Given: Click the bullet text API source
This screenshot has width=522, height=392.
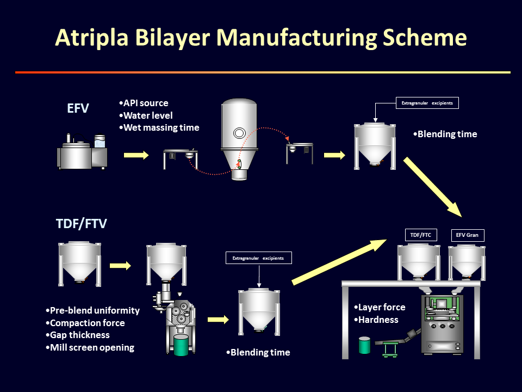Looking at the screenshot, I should [x=144, y=103].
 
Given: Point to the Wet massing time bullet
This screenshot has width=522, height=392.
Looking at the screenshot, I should [x=159, y=128].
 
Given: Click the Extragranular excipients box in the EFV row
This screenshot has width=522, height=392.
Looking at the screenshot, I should [x=427, y=103].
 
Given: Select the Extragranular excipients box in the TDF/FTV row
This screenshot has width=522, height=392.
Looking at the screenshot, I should [x=259, y=258].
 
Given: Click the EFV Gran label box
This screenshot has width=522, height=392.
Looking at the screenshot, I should [x=468, y=235].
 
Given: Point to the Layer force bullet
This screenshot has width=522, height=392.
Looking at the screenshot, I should [x=380, y=308].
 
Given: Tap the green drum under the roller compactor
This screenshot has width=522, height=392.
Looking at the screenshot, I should [x=181, y=346].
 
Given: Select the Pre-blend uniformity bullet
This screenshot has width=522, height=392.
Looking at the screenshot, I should [x=94, y=311].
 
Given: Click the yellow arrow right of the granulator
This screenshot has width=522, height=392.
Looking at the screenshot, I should [x=136, y=155].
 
